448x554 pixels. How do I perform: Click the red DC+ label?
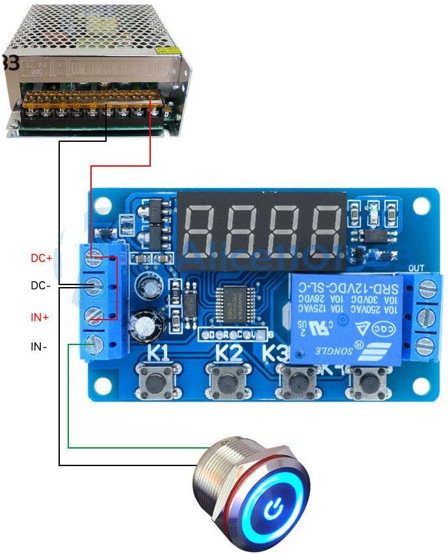coord(42,258)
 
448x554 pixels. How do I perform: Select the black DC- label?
coord(42,286)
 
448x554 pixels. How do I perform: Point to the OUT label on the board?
coord(416,268)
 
